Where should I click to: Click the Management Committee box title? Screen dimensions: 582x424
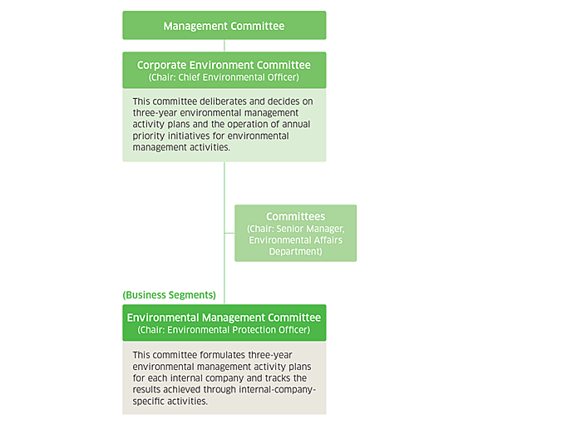tap(224, 26)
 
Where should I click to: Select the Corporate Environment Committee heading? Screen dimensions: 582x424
tap(224, 65)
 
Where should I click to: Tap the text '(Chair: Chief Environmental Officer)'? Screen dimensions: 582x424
tap(224, 77)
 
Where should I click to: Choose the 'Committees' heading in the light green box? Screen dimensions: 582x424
tap(295, 216)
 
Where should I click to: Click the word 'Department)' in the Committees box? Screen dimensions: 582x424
tap(295, 252)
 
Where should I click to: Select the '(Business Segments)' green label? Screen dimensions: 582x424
tap(170, 295)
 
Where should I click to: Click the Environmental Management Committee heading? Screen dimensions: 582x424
tap(224, 318)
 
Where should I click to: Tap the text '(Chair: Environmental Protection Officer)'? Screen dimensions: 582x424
tap(224, 330)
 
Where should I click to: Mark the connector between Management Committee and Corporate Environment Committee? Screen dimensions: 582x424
tap(224, 46)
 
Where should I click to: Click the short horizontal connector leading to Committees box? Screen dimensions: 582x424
tap(229, 233)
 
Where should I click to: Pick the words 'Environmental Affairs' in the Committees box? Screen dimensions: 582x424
tap(295, 240)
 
